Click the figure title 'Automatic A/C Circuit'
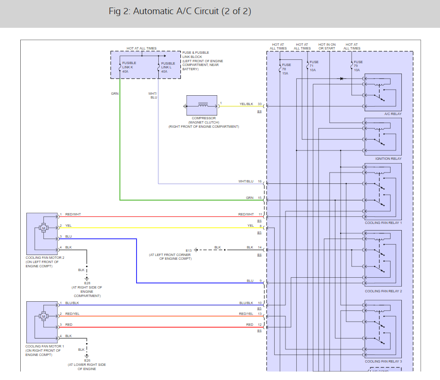coord(179,11)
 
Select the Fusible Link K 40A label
coord(129,67)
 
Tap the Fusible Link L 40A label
coord(168,67)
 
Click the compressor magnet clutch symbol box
coord(202,106)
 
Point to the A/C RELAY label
coord(393,114)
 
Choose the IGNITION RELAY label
coord(388,159)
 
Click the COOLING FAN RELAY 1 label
coord(383,223)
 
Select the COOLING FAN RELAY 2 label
coord(383,291)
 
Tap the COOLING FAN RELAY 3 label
coord(383,362)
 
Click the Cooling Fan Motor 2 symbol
coord(44,229)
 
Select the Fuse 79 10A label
coord(358,66)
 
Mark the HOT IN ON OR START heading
coord(327,46)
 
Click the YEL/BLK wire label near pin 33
coord(246,104)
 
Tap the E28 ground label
coord(87,283)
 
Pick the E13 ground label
coord(188,250)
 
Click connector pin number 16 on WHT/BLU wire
coord(260,181)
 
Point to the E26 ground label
coord(87,360)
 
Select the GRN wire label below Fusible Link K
coord(114,94)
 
